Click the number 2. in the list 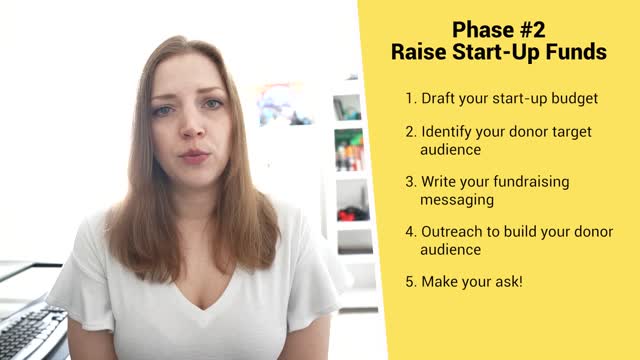[x=411, y=131]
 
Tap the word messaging [x=457, y=199]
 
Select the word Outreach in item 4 [x=453, y=232]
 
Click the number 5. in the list [x=411, y=281]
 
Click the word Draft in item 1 [x=440, y=99]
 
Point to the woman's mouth [x=194, y=156]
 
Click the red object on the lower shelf [x=349, y=213]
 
